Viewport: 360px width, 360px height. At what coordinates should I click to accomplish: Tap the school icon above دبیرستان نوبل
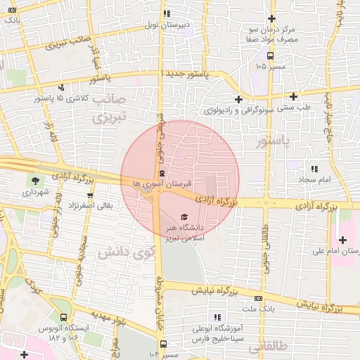click(166, 13)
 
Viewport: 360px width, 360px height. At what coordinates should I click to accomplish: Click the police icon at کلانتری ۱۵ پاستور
click(62, 88)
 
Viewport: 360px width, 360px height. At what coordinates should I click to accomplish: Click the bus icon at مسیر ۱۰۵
click(270, 56)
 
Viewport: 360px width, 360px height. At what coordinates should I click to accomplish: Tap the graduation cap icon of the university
click(184, 217)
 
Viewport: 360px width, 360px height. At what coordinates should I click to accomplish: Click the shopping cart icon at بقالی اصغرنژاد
click(89, 195)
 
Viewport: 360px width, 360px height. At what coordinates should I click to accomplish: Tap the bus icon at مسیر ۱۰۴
click(163, 344)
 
